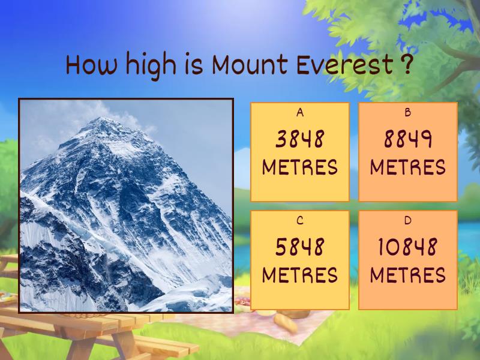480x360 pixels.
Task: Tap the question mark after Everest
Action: pos(406,65)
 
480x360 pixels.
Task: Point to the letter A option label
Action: pos(300,112)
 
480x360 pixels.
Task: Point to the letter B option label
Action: pos(408,112)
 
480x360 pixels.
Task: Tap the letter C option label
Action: pos(300,220)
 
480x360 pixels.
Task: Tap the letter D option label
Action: pos(408,220)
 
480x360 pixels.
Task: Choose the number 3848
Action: pos(300,140)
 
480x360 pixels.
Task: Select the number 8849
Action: pos(408,140)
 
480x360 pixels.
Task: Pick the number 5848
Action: pos(300,247)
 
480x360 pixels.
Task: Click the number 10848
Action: pos(408,247)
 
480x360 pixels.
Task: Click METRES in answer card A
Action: pos(300,167)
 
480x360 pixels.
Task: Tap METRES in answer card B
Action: pos(408,167)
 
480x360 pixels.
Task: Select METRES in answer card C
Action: pos(300,275)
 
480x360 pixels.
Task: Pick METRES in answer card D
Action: pos(408,275)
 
